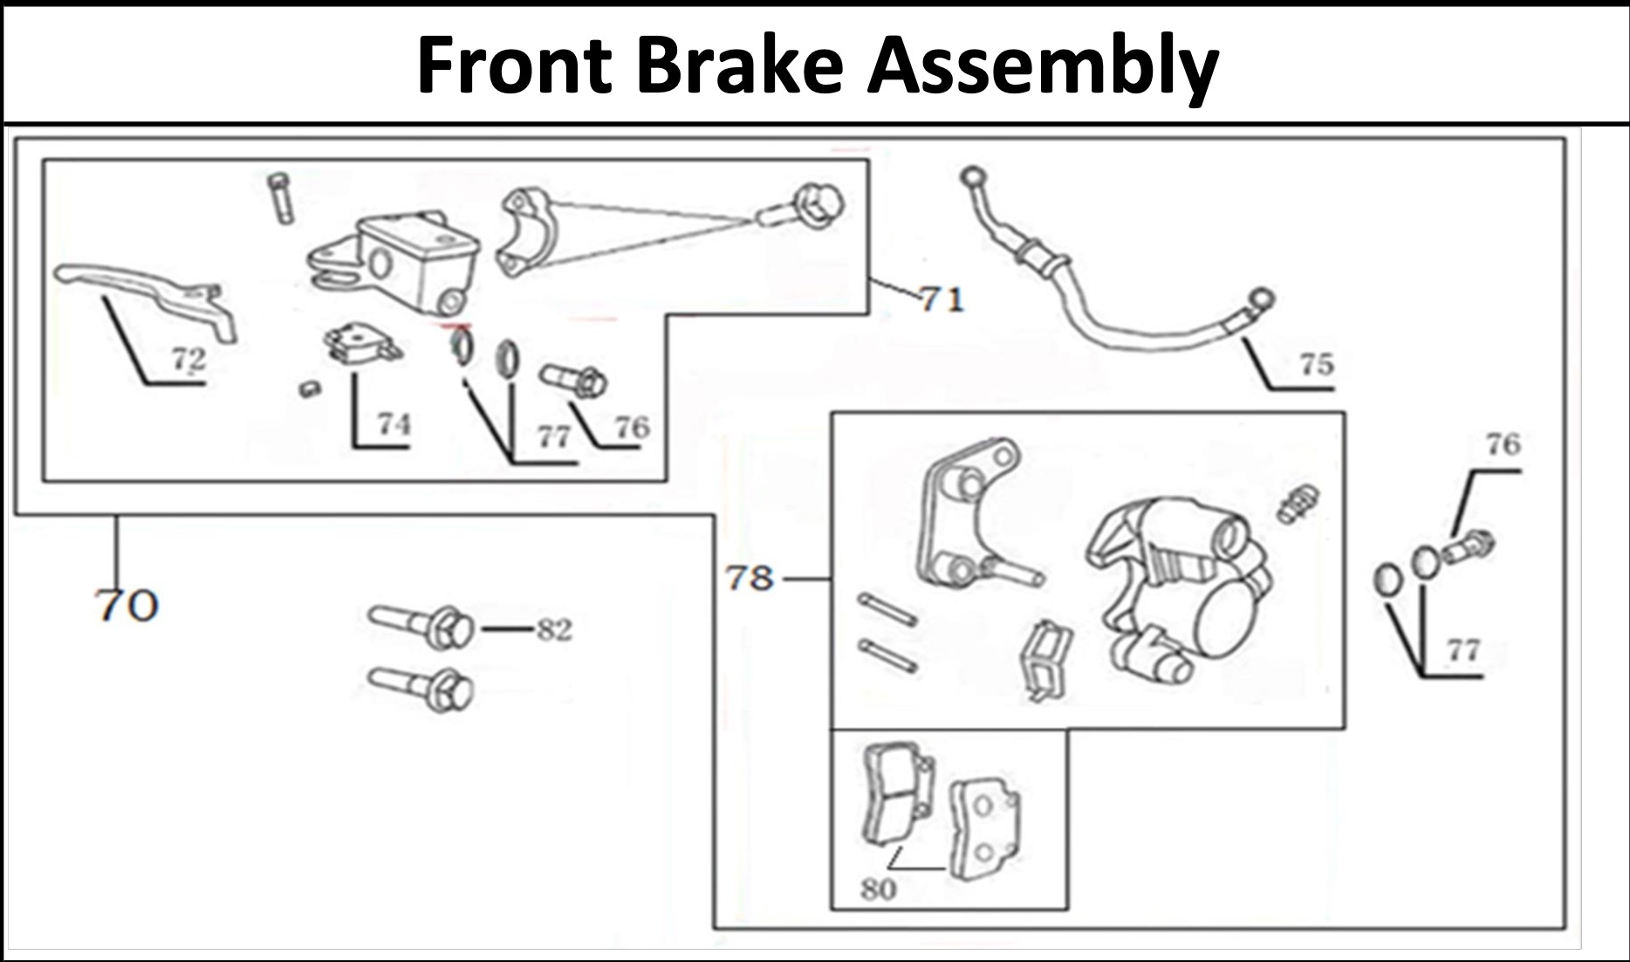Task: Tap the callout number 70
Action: [127, 605]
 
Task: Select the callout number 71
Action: [942, 300]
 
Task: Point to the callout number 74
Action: [393, 424]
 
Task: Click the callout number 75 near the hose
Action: [1316, 363]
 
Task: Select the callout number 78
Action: [750, 578]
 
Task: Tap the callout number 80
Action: [877, 890]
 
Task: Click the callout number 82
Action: [553, 629]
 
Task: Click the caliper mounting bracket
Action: [969, 515]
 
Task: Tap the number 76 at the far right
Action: [1503, 444]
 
